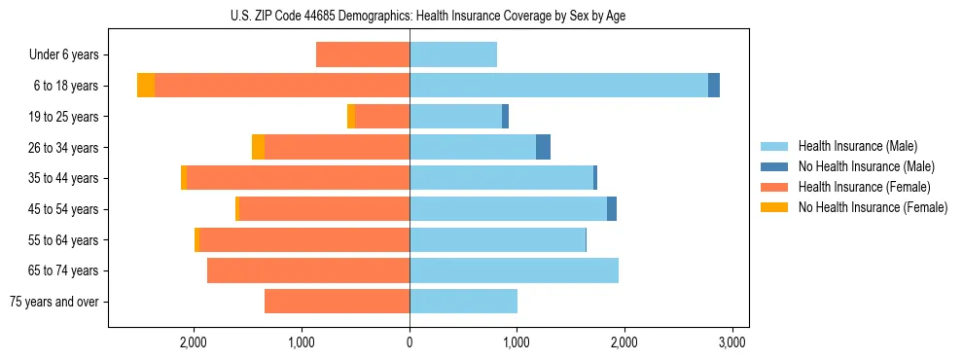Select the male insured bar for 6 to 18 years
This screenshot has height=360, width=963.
[x=558, y=86]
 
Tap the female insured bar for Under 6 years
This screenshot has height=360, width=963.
[x=363, y=54]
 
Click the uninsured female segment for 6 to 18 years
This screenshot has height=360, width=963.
[x=146, y=86]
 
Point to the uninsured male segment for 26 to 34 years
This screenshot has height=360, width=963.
[x=543, y=147]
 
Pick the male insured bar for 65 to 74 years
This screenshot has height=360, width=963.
[x=514, y=270]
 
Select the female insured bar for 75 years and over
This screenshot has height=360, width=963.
[x=337, y=302]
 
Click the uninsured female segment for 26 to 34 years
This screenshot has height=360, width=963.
[x=258, y=147]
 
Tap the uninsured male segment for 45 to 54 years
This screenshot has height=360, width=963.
[x=612, y=209]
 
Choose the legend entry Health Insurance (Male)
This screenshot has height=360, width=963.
[x=857, y=146]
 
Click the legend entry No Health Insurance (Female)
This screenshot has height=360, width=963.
[x=873, y=207]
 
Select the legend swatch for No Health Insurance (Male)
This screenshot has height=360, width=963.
[x=775, y=166]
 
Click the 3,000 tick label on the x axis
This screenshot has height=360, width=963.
[x=731, y=342]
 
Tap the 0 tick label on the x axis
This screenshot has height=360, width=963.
[x=410, y=342]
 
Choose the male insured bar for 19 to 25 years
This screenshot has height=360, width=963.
[x=455, y=117]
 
